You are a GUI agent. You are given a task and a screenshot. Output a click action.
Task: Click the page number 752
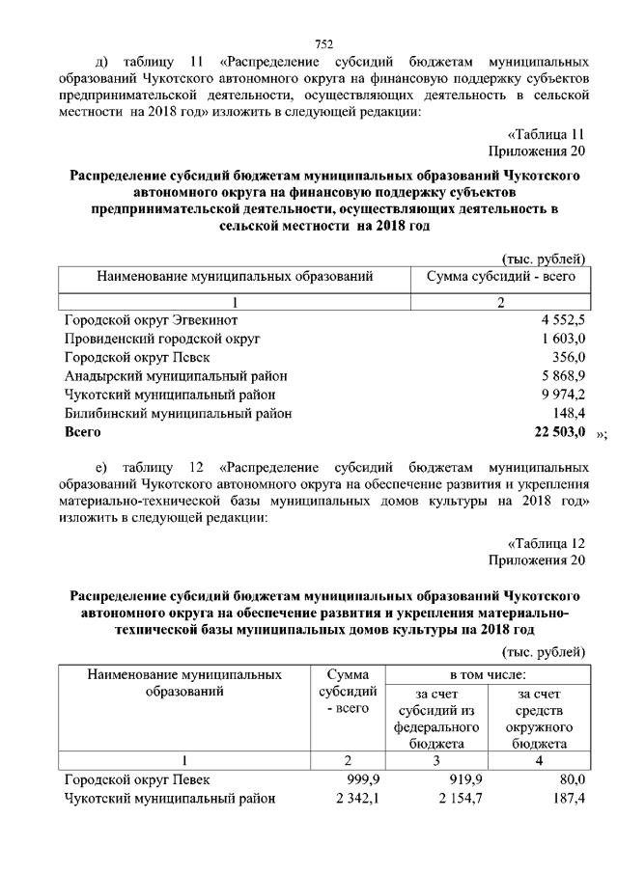[x=323, y=42]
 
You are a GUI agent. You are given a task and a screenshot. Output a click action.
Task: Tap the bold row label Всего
[x=83, y=432]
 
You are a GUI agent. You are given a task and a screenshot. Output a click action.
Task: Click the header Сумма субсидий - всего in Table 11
[x=501, y=277]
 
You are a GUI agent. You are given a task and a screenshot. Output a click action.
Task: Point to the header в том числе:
[x=487, y=672]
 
